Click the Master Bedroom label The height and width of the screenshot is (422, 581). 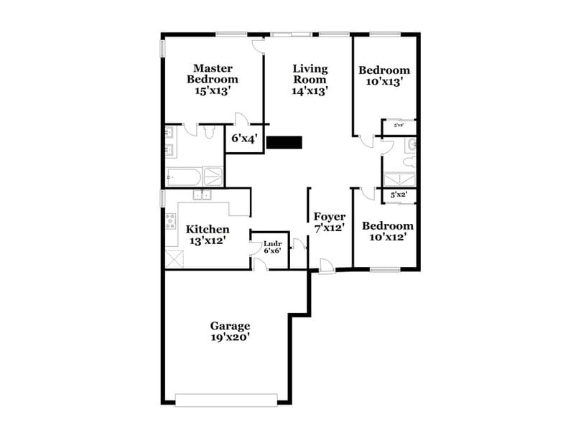(213, 74)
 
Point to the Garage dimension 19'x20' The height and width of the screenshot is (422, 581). (230, 337)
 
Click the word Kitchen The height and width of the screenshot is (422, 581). (208, 230)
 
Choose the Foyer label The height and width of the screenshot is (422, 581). (330, 217)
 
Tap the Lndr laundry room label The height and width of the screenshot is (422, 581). (272, 244)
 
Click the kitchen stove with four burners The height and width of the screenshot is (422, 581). (171, 221)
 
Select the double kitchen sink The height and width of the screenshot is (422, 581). (201, 194)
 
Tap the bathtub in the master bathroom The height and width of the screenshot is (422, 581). (183, 177)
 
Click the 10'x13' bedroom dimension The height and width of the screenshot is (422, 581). (384, 82)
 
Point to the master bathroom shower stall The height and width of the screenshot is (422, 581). (213, 176)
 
